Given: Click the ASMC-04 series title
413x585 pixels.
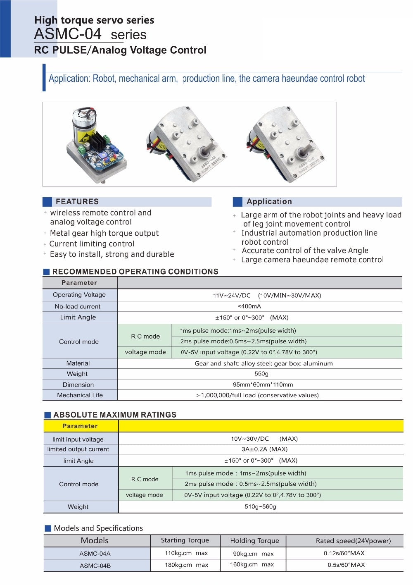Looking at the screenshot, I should pos(90,34).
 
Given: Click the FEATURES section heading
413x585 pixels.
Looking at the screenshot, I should pos(77,202).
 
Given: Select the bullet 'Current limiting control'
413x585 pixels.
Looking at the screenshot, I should pos(92,244).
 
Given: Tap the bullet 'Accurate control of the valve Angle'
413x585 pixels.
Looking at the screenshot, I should pos(305,251).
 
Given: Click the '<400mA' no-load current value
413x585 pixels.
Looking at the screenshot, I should pos(249,306).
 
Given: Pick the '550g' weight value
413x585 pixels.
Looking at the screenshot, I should pos(261,374).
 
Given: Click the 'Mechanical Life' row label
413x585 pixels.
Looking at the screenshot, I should pos(80,395).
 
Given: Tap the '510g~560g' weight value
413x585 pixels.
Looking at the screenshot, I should pos(260,506).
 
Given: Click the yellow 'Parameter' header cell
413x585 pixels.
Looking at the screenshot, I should pos(80,426).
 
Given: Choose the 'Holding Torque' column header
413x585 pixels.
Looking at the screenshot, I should pos(254,541).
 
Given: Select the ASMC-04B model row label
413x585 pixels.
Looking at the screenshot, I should pos(95,566).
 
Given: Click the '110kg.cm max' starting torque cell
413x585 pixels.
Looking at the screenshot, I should pos(186,553).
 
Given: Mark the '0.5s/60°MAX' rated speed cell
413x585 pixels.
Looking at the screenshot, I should pos(346,565).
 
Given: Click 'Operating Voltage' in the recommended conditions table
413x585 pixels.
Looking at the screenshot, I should pos(79,295).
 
